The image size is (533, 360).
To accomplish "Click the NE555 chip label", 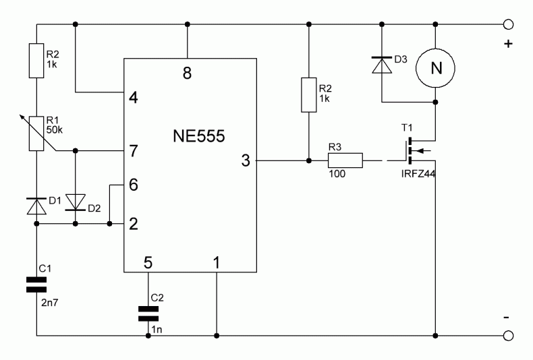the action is pyautogui.click(x=199, y=136).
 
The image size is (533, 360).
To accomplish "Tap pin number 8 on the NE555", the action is pyautogui.click(x=188, y=73).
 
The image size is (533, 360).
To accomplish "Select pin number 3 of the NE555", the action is pyautogui.click(x=246, y=160).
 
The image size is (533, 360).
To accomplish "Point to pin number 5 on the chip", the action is pyautogui.click(x=148, y=262).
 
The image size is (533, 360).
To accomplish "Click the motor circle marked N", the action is pyautogui.click(x=435, y=68).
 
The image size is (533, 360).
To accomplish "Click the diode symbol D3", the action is pyautogui.click(x=382, y=65).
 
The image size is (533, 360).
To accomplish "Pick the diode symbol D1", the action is pyautogui.click(x=36, y=206).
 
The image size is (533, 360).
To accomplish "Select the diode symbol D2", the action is pyautogui.click(x=76, y=202).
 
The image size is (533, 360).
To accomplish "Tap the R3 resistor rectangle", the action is pyautogui.click(x=345, y=160).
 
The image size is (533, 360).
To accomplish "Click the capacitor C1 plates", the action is pyautogui.click(x=36, y=284).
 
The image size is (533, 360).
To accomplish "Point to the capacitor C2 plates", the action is pyautogui.click(x=148, y=313).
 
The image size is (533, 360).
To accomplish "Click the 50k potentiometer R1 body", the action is pyautogui.click(x=36, y=133).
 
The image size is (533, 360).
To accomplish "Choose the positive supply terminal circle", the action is pyautogui.click(x=508, y=24).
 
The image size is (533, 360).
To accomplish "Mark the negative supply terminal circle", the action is pyautogui.click(x=508, y=336).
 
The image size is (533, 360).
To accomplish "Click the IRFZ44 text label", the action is pyautogui.click(x=418, y=174).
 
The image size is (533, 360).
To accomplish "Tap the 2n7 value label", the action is pyautogui.click(x=50, y=302).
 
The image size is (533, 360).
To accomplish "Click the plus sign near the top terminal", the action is pyautogui.click(x=508, y=44).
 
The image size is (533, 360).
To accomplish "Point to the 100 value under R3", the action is pyautogui.click(x=337, y=174).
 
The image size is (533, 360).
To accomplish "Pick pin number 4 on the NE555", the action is pyautogui.click(x=134, y=98).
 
